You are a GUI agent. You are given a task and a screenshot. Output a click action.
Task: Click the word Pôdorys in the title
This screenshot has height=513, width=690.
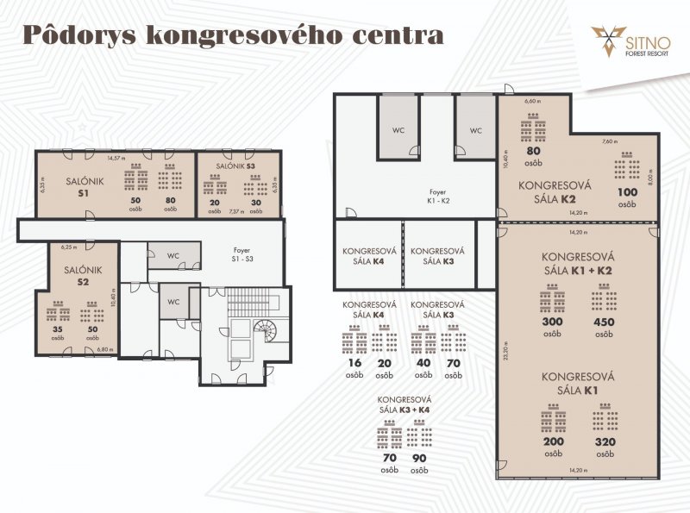tap(78, 35)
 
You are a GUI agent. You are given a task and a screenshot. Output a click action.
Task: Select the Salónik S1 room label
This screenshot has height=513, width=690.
tap(85, 186)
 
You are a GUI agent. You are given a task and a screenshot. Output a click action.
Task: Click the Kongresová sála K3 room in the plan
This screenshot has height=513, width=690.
tap(437, 256)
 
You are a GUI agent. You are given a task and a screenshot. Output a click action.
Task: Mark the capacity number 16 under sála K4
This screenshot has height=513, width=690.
tap(354, 364)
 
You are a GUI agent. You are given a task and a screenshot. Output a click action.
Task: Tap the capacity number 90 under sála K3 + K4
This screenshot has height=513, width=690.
tap(420, 459)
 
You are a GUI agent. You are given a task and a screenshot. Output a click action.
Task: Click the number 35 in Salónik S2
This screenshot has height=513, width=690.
tap(57, 328)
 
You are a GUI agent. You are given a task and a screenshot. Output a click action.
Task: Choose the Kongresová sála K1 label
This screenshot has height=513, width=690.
tap(577, 382)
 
